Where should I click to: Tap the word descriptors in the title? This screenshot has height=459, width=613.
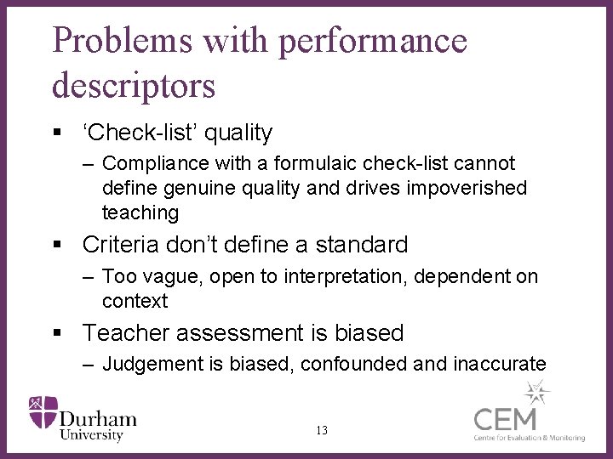(x=134, y=85)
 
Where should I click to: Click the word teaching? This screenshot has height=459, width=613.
(x=140, y=212)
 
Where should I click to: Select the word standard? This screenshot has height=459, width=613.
(x=362, y=246)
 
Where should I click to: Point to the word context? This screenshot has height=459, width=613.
(x=135, y=301)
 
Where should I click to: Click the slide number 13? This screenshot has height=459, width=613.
(x=321, y=431)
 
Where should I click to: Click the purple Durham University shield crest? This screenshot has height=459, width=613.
(x=43, y=412)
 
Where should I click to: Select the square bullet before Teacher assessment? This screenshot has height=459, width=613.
(x=57, y=333)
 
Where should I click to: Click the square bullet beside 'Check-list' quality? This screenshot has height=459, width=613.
(x=57, y=133)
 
